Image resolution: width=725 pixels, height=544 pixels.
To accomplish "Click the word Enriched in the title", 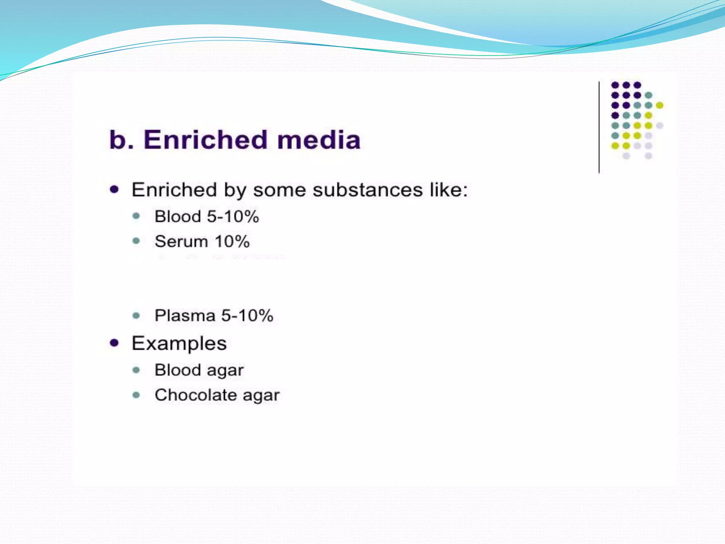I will tap(205, 140).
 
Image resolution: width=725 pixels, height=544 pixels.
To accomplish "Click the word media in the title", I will tap(319, 140).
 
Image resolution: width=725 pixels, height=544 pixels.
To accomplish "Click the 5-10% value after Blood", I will tap(233, 217).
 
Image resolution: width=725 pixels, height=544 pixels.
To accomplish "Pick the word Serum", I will tap(181, 242).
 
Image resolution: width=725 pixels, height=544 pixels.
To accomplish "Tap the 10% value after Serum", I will tap(232, 242).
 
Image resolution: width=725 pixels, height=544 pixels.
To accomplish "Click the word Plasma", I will tap(185, 316).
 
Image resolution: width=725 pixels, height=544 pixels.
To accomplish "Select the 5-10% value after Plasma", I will tap(247, 316).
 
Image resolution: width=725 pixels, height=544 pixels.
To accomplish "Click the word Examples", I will tap(179, 343).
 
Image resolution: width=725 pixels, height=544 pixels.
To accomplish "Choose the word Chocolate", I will tap(196, 395).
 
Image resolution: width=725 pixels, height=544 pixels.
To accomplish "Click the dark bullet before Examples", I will tap(114, 342).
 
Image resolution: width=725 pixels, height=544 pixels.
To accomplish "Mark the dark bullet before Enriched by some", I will tap(114, 189).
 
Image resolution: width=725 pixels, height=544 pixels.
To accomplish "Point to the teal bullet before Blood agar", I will tap(136, 370).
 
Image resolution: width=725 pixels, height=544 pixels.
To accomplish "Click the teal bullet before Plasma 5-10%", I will tap(136, 315).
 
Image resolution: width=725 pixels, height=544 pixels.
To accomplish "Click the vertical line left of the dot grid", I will tap(599, 127).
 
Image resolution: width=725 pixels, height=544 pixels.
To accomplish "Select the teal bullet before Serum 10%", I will tap(136, 241).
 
